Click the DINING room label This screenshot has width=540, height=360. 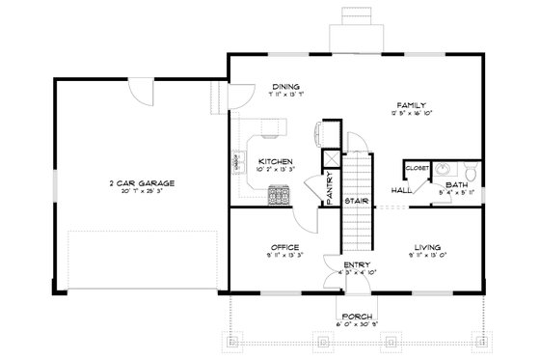point(284,86)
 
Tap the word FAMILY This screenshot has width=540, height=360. point(411,104)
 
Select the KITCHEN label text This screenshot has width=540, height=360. point(275,161)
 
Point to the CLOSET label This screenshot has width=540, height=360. point(417,168)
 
